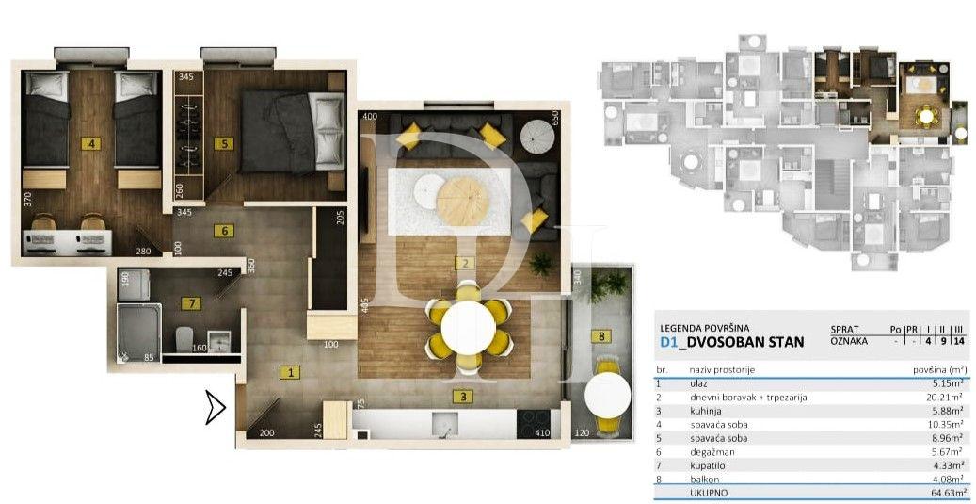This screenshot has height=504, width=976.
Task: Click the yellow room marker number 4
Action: click(90, 144)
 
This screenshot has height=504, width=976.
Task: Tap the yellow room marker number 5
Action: click(222, 144)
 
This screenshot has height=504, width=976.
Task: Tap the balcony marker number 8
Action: click(598, 335)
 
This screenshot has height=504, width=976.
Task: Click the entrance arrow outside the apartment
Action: click(216, 409)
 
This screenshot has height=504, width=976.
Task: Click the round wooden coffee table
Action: click(463, 199)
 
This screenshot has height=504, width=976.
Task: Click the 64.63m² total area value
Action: click(946, 492)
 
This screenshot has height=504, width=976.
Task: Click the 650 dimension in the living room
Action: click(554, 119)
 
